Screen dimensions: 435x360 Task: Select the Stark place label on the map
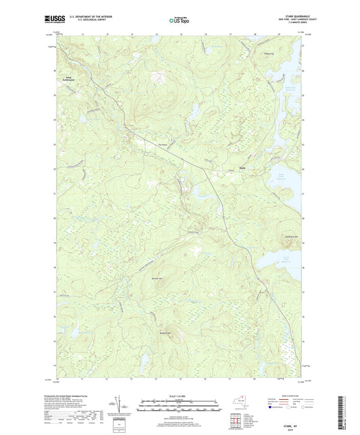click(240, 160)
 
